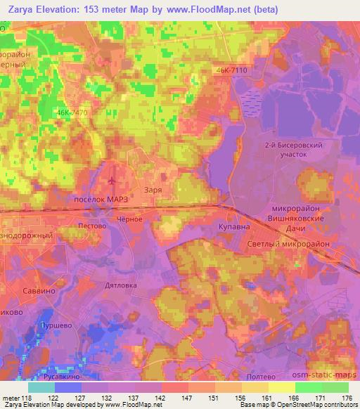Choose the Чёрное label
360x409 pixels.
click(x=131, y=219)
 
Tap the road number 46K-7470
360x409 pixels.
click(x=72, y=112)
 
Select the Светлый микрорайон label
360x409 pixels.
click(x=298, y=242)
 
